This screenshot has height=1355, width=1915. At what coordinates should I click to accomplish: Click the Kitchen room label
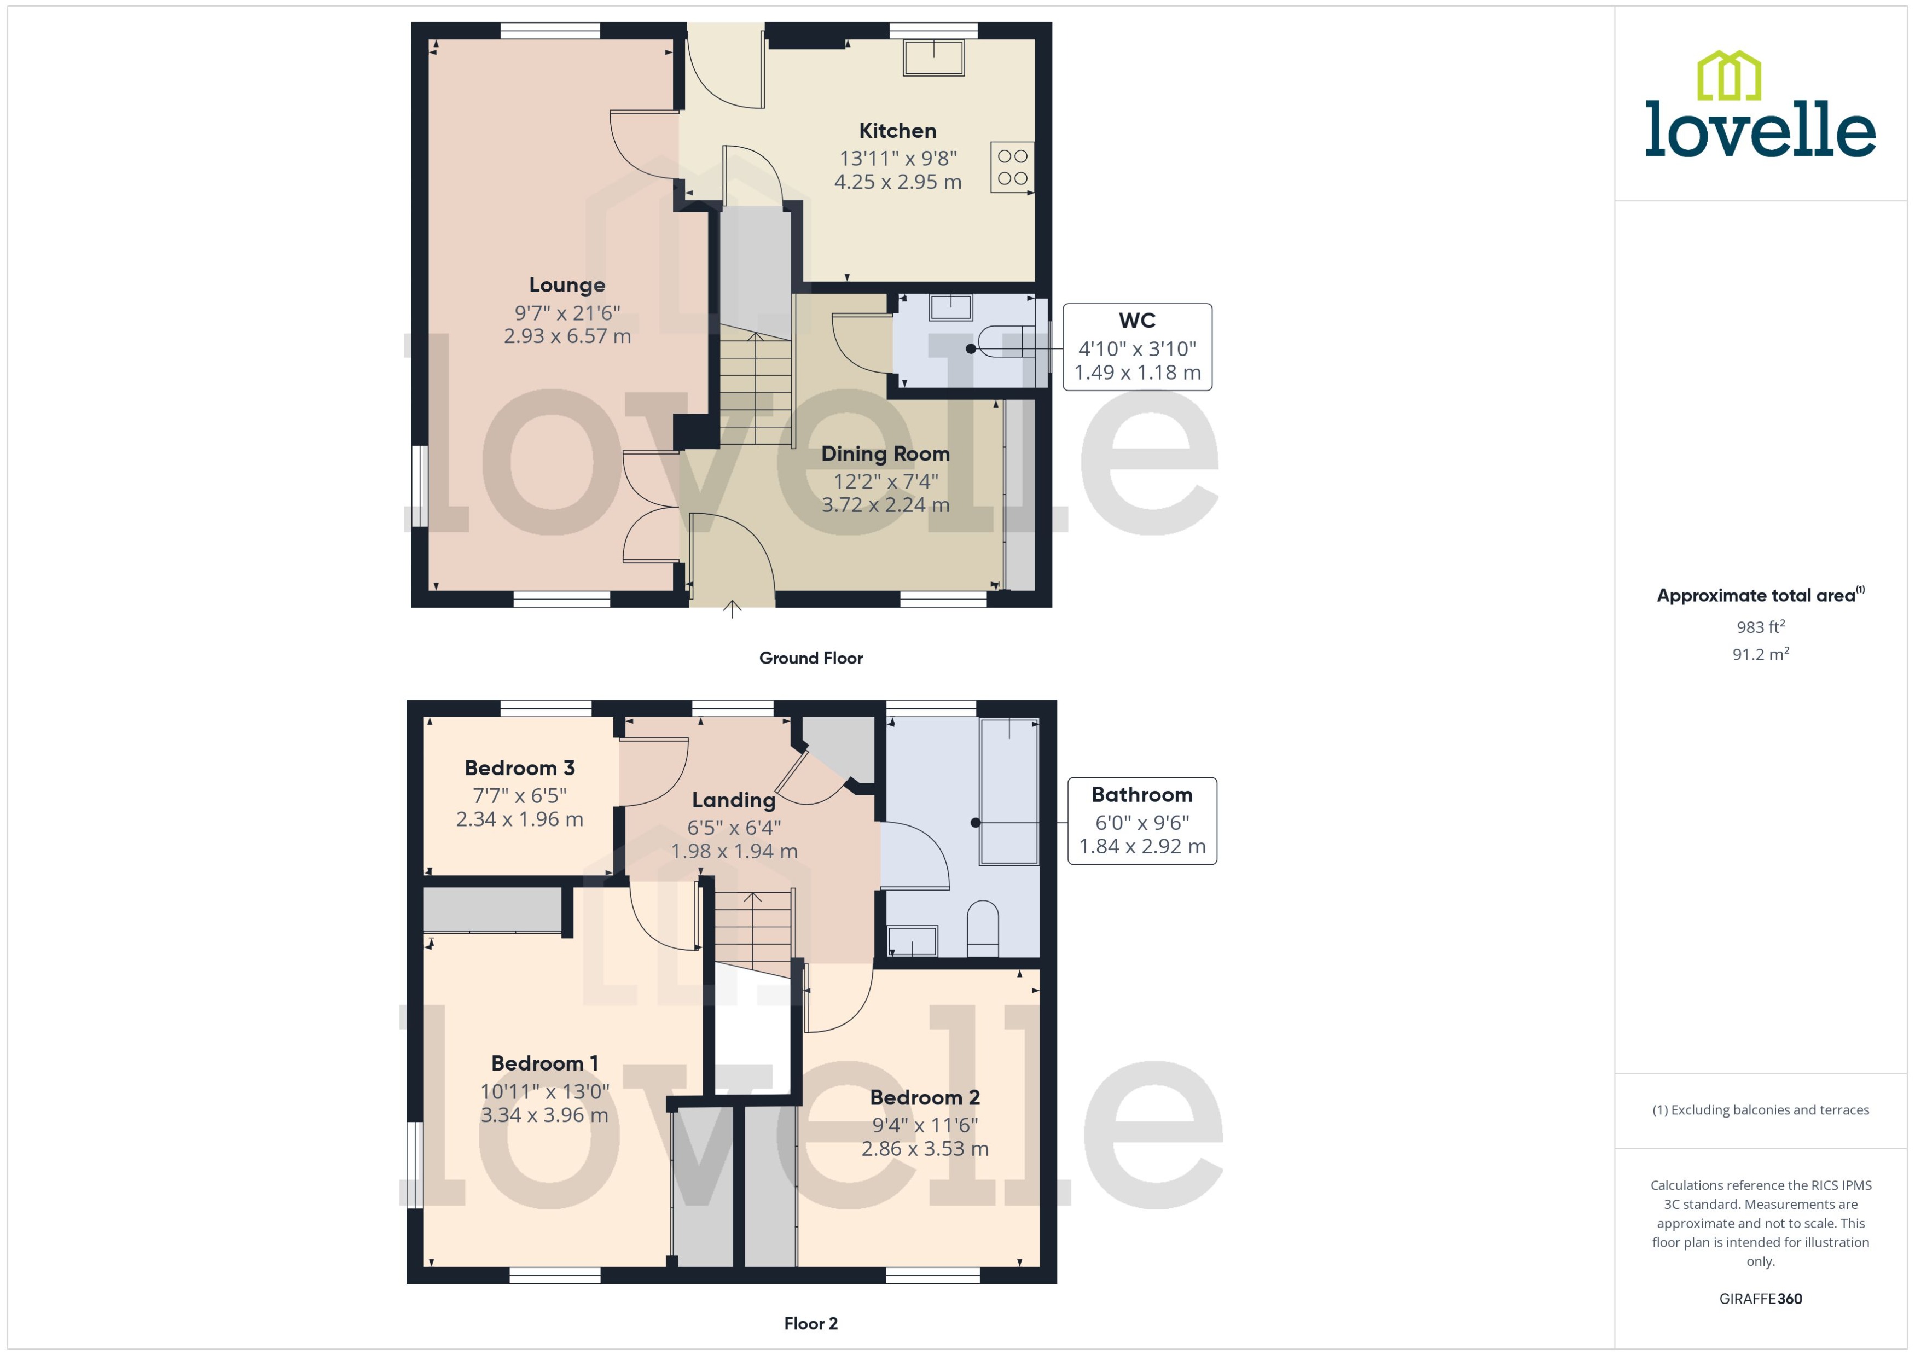[x=897, y=131]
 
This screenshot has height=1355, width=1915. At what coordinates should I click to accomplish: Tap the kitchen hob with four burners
[x=1012, y=167]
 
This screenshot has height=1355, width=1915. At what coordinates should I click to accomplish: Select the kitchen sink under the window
[x=934, y=57]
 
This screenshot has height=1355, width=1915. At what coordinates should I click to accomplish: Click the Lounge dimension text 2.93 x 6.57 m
[x=567, y=336]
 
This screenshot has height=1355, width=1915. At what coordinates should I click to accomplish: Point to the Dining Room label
[x=885, y=454]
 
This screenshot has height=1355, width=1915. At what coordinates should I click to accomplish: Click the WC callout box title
[x=1136, y=321]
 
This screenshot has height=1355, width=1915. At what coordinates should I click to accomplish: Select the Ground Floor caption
[x=810, y=658]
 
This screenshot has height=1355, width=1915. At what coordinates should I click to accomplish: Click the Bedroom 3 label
[x=519, y=767]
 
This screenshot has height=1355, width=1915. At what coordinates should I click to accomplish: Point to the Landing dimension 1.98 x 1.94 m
[x=734, y=851]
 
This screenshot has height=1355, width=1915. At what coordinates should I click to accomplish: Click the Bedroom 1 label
[x=544, y=1063]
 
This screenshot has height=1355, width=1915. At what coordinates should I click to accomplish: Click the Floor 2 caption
[x=810, y=1323]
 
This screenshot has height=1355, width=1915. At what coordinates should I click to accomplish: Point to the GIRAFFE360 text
[x=1760, y=1299]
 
